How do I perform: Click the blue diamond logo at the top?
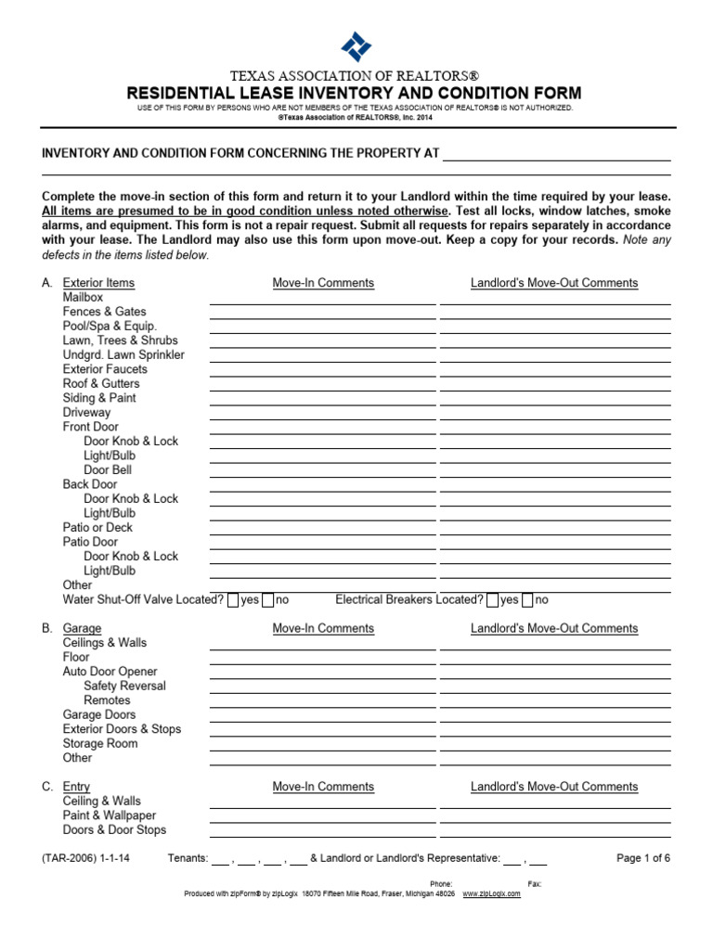tap(356, 45)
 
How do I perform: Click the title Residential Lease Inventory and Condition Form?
tap(356, 93)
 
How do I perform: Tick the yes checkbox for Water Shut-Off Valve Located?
tap(233, 600)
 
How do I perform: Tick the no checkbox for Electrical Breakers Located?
tap(527, 600)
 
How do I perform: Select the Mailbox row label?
tap(83, 297)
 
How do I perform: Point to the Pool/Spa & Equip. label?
tap(110, 326)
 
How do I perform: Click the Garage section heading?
tap(82, 628)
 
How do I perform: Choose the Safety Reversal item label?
tap(124, 686)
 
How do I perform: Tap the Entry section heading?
tap(76, 787)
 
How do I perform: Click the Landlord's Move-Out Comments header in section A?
tap(554, 283)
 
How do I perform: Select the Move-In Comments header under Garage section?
tap(323, 628)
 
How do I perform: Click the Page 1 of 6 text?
tap(643, 858)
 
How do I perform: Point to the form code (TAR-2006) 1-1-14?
tap(85, 858)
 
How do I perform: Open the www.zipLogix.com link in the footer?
tap(492, 893)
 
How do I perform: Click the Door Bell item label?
tap(110, 469)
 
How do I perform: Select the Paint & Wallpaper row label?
tap(110, 815)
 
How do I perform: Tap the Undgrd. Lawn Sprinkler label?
tap(123, 354)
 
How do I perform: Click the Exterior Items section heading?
tap(98, 283)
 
